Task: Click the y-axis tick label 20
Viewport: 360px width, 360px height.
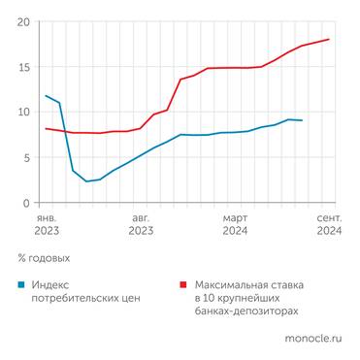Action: [x=22, y=21]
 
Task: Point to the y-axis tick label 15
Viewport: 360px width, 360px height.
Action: [x=22, y=67]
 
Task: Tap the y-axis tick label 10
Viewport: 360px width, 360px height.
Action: [x=22, y=113]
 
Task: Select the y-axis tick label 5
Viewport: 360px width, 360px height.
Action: [x=25, y=157]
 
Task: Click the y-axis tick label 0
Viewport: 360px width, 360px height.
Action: [x=25, y=203]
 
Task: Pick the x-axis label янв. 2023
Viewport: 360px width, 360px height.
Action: [x=46, y=225]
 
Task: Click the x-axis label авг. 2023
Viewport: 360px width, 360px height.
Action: [x=141, y=225]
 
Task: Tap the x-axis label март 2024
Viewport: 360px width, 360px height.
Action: [x=235, y=225]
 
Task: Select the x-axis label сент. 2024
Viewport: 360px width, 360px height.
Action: [x=329, y=225]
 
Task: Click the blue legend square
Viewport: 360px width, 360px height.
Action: [x=21, y=285]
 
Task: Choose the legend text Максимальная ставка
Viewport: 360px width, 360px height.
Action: [x=249, y=285]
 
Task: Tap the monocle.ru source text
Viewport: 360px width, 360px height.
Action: [x=312, y=340]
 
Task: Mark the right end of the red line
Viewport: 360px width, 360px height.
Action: [x=329, y=40]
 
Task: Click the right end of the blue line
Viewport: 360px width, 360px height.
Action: [x=302, y=120]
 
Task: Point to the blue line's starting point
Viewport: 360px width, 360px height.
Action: [x=46, y=96]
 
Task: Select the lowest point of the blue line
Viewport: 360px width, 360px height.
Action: [x=86, y=181]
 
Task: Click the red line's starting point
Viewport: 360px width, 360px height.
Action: [x=46, y=128]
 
